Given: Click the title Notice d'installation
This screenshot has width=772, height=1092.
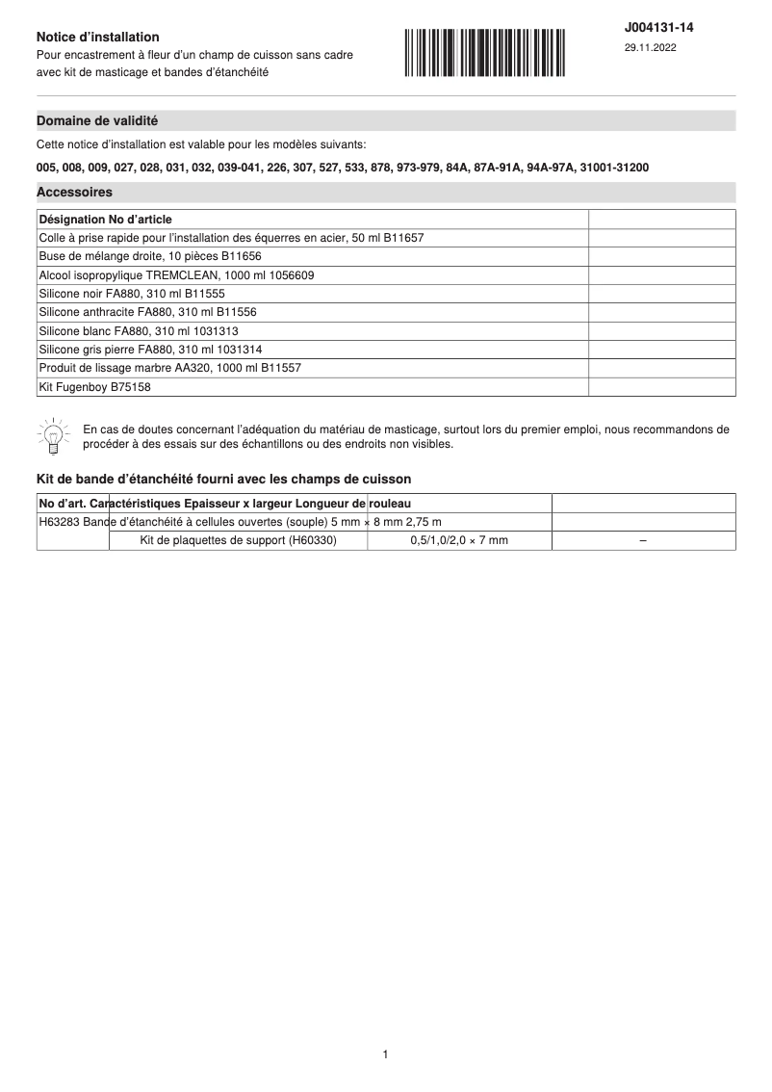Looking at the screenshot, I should pos(98,37).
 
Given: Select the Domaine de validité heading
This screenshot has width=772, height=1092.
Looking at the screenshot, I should pos(97,121).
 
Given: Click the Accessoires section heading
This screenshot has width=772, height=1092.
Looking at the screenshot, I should pos(74,193).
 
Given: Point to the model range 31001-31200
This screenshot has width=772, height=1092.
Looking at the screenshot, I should pos(614,168).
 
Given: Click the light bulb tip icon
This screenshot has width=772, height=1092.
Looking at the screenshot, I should pos(53,436).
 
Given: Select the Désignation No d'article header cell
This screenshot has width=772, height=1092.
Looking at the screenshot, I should pos(106,220).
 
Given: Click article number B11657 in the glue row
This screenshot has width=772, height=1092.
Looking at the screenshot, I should pos(402,238).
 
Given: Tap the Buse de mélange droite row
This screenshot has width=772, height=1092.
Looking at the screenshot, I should pos(150,256).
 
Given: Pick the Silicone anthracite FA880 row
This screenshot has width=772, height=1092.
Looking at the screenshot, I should pos(147,312).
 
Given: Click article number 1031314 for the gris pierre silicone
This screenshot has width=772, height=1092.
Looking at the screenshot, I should pos(237,350).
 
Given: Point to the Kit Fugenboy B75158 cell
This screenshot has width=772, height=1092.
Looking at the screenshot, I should pos(95,387).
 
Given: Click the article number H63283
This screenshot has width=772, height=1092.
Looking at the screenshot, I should pos(59,522).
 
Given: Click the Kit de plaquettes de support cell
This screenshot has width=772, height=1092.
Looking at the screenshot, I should pos(238,541).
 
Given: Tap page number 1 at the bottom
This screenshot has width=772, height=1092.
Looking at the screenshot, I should pos(385,1055).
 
